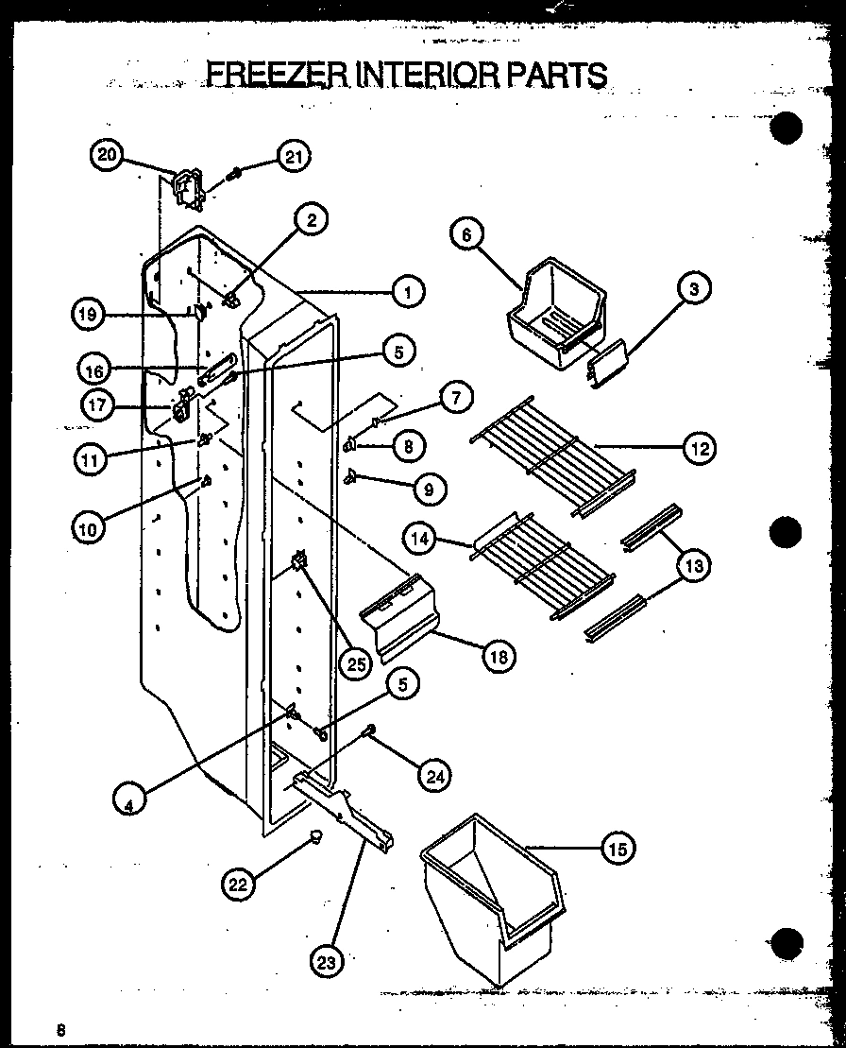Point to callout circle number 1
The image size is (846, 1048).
pyautogui.click(x=407, y=292)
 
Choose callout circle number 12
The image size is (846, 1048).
pyautogui.click(x=700, y=449)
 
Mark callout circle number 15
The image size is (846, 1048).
pyautogui.click(x=618, y=849)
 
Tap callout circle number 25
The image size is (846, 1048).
pyautogui.click(x=356, y=663)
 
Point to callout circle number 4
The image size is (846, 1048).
pyautogui.click(x=128, y=804)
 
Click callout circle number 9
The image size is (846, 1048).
pyautogui.click(x=429, y=490)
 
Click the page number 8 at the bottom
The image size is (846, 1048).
pyautogui.click(x=60, y=1029)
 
